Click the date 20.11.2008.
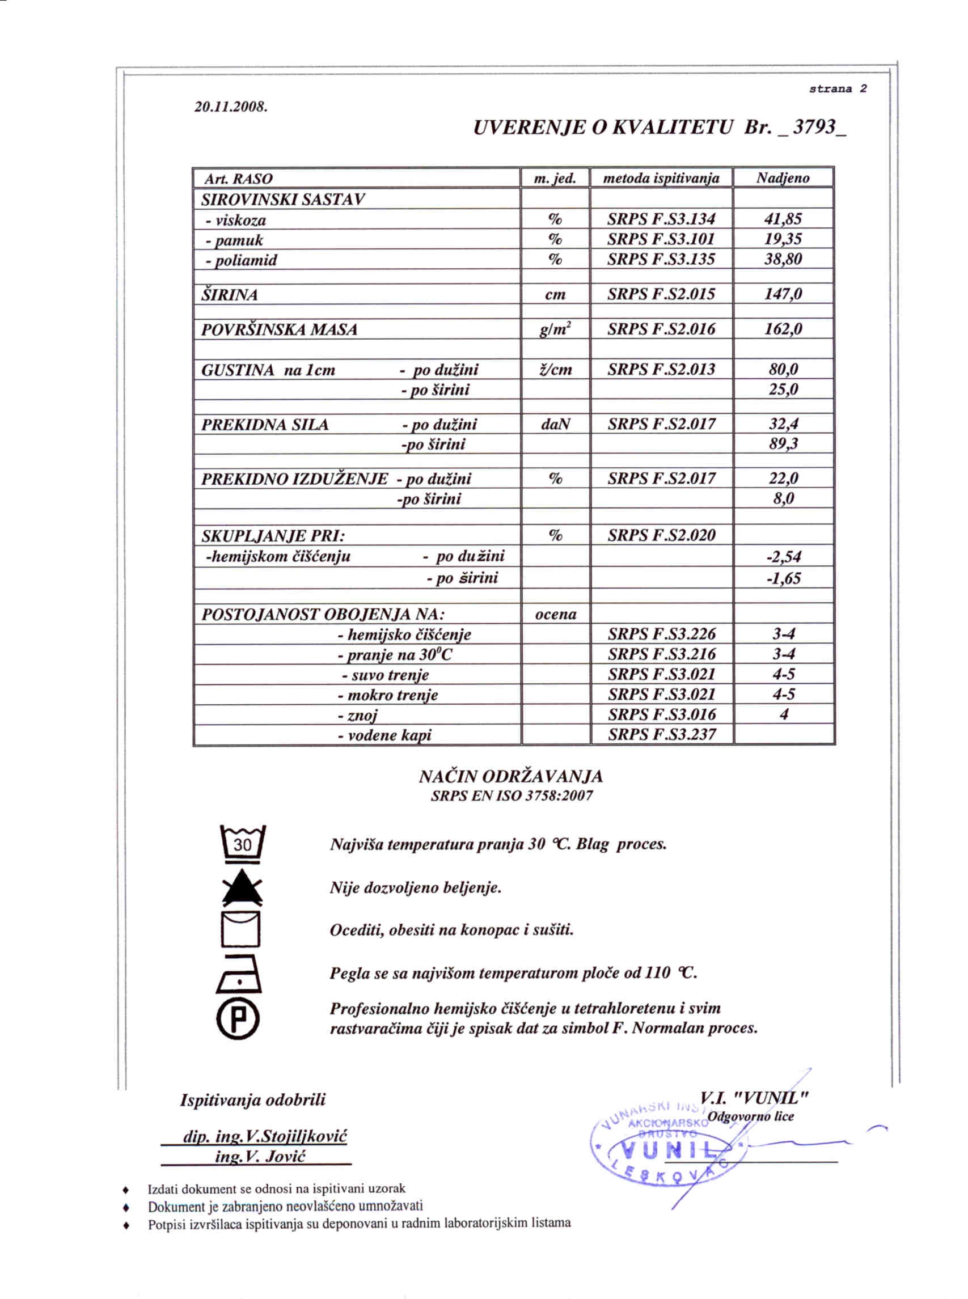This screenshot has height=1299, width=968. click(x=230, y=107)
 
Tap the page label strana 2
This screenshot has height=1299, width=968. click(x=838, y=89)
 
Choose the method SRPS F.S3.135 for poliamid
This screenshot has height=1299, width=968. click(x=661, y=259)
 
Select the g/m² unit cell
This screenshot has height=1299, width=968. click(x=555, y=329)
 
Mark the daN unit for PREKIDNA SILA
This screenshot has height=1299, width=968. click(x=555, y=424)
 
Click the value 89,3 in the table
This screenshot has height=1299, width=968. click(x=784, y=444)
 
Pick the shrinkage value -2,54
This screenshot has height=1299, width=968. click(x=784, y=557)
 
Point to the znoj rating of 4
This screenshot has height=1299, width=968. click(x=784, y=714)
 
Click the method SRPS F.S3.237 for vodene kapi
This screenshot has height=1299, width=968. click(x=662, y=734)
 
